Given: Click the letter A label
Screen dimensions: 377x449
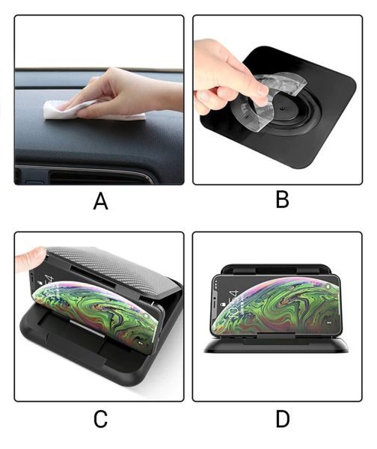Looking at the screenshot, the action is (x=100, y=201).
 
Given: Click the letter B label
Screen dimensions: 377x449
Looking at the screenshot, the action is (x=282, y=199).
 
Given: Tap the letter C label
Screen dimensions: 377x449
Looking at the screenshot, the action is (x=100, y=419).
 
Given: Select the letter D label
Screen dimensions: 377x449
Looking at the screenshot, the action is (x=283, y=419).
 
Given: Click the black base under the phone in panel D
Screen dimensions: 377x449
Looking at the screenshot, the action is (x=276, y=344).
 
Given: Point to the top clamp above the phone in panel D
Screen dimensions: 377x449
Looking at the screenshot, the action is (x=276, y=269).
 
